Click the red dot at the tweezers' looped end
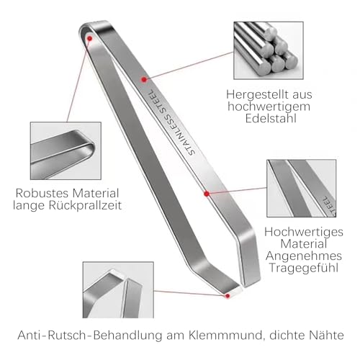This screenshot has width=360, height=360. [90, 38]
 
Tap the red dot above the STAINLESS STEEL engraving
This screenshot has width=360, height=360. [144, 79]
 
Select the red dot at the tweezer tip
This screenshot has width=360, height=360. [228, 296]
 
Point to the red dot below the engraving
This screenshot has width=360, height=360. [207, 194]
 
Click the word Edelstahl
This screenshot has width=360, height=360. [271, 119]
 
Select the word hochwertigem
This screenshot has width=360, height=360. [269, 107]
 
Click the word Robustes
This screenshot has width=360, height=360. [42, 193]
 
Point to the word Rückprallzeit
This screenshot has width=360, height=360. [85, 205]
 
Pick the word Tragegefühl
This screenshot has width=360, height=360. [304, 268]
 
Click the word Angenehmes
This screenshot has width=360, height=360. [304, 256]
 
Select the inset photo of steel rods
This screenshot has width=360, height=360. [269, 50]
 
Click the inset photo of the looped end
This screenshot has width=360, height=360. [66, 150]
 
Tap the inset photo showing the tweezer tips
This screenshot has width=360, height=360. [118, 290]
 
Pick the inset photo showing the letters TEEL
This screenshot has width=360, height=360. [302, 189]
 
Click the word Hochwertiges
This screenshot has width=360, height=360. [304, 232]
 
